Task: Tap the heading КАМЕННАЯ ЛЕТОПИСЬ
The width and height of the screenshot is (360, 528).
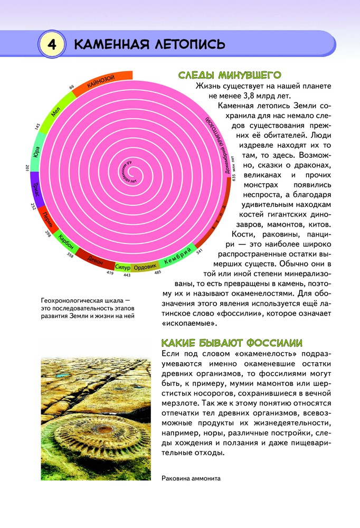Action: click(150, 44)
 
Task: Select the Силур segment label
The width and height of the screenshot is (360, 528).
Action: click(122, 267)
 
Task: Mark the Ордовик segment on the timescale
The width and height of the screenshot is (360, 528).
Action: click(145, 267)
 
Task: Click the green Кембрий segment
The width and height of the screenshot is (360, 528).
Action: click(177, 258)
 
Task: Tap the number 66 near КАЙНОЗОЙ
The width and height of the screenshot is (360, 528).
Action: click(71, 87)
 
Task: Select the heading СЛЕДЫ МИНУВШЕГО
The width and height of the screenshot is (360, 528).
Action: click(229, 75)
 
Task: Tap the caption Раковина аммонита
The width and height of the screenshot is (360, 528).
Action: click(191, 478)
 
